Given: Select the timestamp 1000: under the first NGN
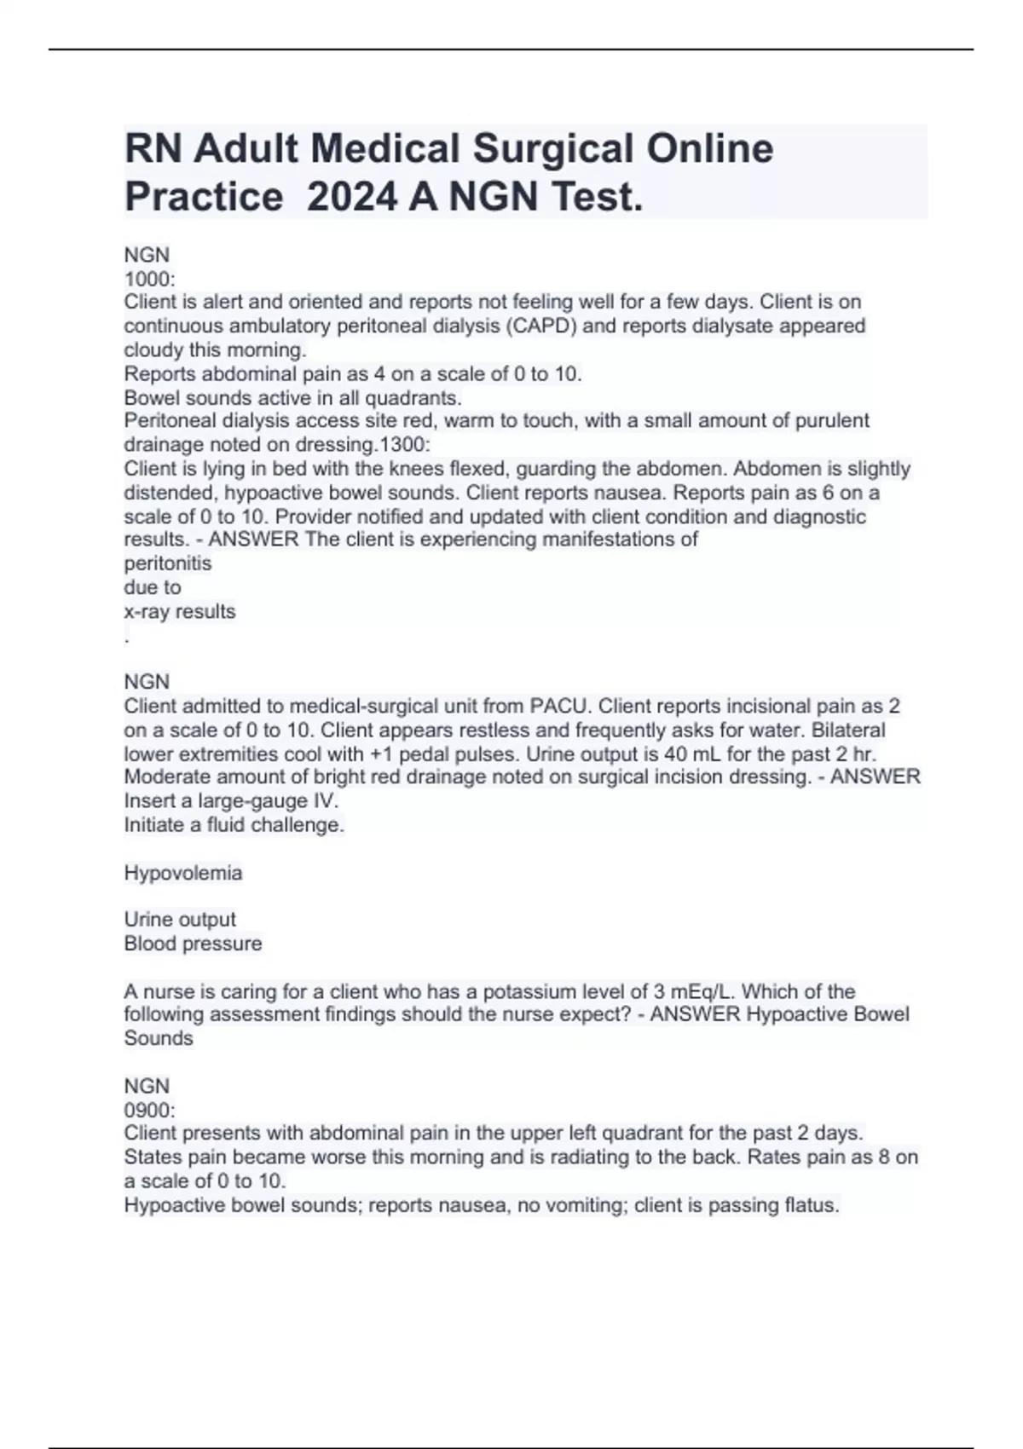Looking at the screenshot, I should tap(149, 279).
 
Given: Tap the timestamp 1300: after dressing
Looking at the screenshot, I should tap(407, 444).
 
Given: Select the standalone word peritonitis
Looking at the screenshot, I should tap(168, 563).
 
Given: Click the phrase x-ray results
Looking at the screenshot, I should tap(180, 611).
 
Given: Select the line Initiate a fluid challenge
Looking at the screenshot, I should tap(234, 824).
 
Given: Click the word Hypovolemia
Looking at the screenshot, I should tap(183, 873).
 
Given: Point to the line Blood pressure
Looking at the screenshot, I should tap(193, 944).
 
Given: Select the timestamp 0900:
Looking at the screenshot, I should tap(149, 1110).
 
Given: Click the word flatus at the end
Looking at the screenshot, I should tap(811, 1205).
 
